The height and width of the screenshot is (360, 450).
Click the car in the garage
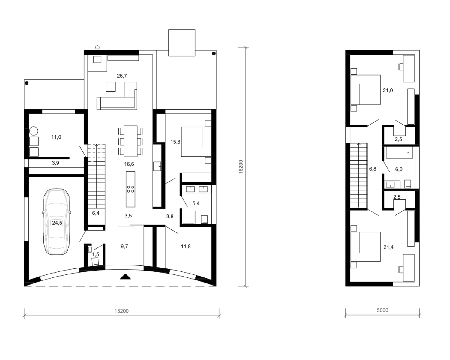pos(56,222)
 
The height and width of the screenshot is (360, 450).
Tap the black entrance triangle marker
pos(125,277)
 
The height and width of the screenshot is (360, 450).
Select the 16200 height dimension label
pos(241,167)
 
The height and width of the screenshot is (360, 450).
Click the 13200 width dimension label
pos(121,311)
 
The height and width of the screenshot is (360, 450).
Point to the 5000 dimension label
pos(382,310)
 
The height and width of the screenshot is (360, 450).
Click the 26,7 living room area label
pos(122,76)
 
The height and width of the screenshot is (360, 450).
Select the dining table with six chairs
pos(130,141)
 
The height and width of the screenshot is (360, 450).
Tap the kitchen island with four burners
pos(130,189)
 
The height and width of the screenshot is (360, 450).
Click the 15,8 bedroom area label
pos(175,142)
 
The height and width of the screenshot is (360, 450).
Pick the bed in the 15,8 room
pos(196,142)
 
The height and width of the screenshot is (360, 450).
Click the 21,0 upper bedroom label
pos(388,90)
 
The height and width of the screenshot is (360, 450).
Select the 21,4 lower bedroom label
pos(388,247)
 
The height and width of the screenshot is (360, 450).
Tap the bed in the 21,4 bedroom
pos(365,247)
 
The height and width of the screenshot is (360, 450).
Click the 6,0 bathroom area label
pos(399,169)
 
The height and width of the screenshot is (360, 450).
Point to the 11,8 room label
pos(186,246)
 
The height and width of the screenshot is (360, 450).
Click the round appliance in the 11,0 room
pos(34,131)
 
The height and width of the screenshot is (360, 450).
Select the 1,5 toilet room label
pos(96,254)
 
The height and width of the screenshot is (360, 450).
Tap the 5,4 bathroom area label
pos(196,203)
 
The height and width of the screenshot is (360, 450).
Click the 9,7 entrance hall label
pos(124,246)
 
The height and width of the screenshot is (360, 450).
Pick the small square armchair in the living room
pos(111,87)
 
